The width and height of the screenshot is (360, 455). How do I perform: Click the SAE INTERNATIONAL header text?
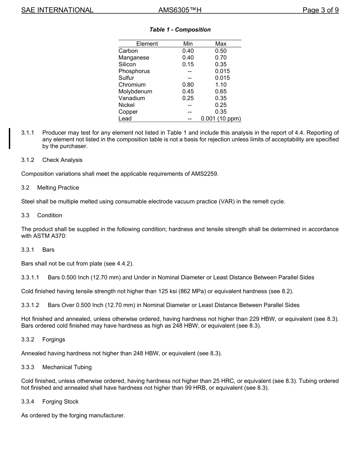(x=57, y=10)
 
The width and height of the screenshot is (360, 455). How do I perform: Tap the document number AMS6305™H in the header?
(x=180, y=10)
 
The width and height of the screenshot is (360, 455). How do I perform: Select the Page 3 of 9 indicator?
(x=320, y=10)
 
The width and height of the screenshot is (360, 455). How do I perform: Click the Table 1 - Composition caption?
(x=180, y=30)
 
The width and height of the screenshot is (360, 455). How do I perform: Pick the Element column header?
(x=147, y=44)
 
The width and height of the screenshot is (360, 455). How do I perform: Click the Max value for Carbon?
(x=221, y=51)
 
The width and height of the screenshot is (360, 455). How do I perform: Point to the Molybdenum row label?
(x=135, y=91)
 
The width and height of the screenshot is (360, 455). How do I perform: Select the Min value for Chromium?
(x=188, y=85)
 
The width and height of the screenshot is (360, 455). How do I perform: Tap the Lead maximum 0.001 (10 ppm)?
(x=221, y=119)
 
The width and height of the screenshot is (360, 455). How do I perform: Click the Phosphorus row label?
(x=134, y=71)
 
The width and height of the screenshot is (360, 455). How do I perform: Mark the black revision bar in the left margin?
(x=10, y=139)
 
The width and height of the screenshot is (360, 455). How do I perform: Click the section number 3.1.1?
(x=28, y=133)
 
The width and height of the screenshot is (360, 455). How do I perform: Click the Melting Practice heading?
(x=58, y=188)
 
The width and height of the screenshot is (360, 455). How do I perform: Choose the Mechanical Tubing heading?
(x=67, y=367)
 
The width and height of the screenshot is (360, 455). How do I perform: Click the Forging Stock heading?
(x=60, y=402)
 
